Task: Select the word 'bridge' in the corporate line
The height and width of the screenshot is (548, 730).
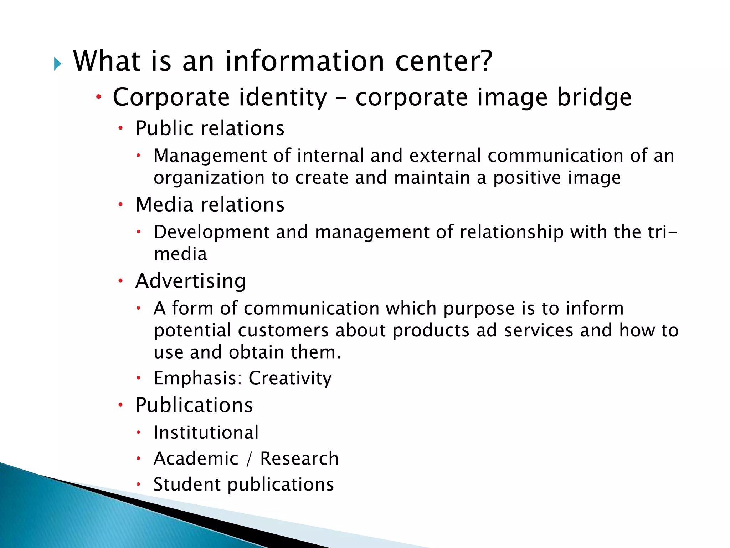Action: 594,97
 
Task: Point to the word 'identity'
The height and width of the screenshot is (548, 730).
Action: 283,97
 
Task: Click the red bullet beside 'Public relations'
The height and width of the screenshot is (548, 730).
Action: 121,128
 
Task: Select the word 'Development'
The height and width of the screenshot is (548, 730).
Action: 211,232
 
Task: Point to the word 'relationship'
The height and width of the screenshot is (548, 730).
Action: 511,232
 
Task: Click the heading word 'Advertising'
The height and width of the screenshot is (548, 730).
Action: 191,281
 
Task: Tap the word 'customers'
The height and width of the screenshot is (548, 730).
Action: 283,330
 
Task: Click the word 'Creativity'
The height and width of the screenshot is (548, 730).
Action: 290,378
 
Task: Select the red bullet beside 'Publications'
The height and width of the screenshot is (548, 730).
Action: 121,405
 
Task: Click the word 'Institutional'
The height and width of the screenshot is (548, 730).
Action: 206,433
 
